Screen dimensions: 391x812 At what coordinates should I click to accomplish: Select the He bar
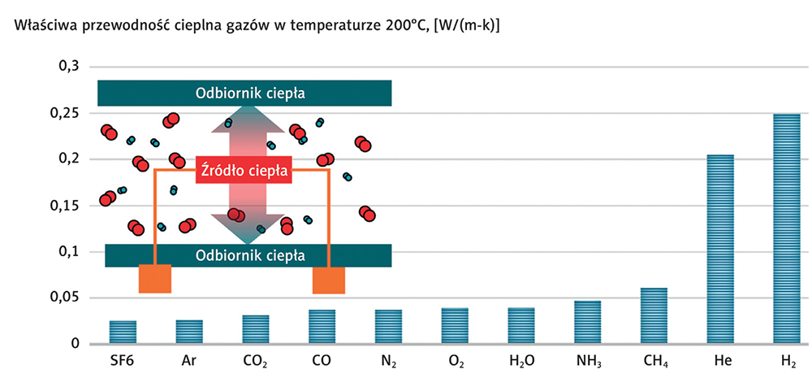(720, 249)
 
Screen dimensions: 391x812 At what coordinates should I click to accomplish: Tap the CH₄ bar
(654, 315)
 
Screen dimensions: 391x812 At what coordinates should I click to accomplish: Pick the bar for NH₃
(588, 322)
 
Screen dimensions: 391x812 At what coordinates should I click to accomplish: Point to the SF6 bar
(123, 332)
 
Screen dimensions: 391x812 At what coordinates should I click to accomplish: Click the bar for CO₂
(255, 329)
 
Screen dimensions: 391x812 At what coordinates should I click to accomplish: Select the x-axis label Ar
(189, 360)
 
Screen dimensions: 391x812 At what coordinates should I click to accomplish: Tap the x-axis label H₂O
(521, 360)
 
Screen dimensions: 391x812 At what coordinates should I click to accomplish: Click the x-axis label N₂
(389, 360)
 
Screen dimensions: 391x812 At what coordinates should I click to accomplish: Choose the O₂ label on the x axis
(456, 360)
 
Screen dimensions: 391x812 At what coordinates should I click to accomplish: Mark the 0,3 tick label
(67, 66)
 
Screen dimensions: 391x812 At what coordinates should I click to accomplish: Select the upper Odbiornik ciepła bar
(244, 93)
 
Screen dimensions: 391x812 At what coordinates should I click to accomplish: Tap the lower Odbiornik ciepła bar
(248, 254)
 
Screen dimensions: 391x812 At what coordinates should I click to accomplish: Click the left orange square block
(154, 278)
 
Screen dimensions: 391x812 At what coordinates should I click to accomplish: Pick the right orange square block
(329, 280)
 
